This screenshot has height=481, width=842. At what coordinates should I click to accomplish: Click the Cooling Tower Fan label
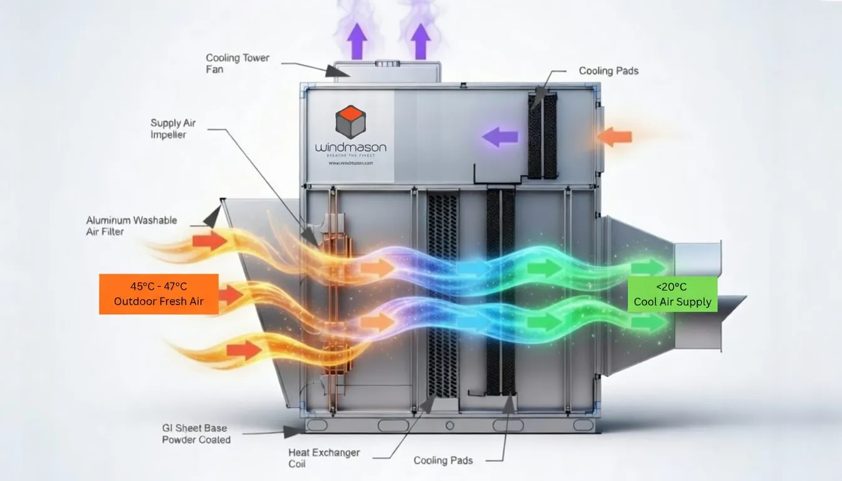tap(237, 63)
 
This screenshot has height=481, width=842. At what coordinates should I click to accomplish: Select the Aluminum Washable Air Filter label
tap(132, 226)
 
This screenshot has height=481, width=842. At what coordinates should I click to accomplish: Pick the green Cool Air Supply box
tap(672, 294)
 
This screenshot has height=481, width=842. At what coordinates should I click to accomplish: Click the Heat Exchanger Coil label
tap(324, 458)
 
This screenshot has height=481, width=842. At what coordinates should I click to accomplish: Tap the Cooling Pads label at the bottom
tap(443, 460)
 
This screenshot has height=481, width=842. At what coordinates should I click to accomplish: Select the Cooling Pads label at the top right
tap(608, 71)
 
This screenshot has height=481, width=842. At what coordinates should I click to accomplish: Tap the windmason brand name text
tap(351, 148)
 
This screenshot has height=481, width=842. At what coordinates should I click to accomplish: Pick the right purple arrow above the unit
tap(420, 41)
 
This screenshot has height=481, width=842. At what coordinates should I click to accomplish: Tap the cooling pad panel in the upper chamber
tap(542, 135)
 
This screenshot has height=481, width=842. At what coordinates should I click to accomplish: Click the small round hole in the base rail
tap(449, 425)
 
